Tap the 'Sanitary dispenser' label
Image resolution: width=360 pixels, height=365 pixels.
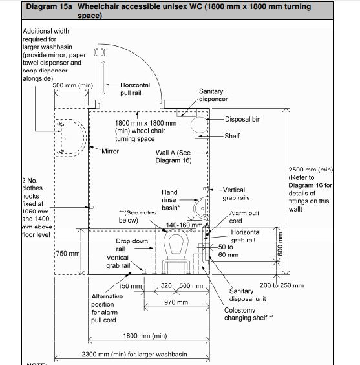click(x=214, y=96)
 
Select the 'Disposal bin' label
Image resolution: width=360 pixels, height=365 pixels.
click(x=243, y=120)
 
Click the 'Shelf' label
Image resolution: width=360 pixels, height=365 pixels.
click(x=232, y=137)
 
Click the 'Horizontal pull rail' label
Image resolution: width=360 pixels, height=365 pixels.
click(x=134, y=89)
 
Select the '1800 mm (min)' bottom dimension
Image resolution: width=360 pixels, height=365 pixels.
click(x=145, y=336)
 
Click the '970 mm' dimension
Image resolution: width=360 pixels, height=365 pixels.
click(x=176, y=302)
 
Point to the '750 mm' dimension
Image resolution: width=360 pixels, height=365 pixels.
click(x=68, y=253)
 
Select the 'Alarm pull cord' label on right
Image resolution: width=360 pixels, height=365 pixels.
click(x=244, y=216)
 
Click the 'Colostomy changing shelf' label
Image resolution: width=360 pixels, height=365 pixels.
click(x=249, y=314)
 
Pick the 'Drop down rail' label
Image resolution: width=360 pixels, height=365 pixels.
click(x=132, y=245)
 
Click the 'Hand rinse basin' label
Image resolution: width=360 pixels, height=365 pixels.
click(x=169, y=200)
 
